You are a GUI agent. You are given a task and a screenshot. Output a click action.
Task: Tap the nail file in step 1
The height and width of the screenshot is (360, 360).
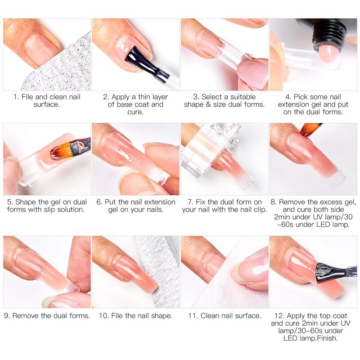pos(63,67)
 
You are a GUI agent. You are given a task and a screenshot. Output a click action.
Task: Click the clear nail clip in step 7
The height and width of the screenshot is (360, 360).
pos(205,148)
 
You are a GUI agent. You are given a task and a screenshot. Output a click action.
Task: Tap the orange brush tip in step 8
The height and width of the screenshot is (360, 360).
pos(310,129)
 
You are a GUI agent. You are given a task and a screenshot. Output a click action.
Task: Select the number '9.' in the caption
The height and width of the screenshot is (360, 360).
pos(8,316)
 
